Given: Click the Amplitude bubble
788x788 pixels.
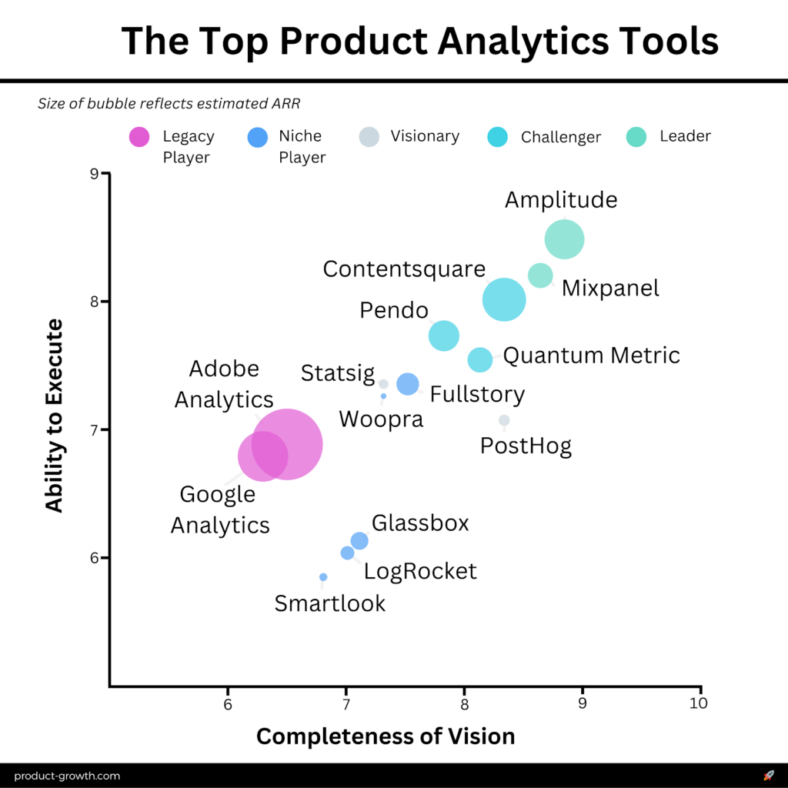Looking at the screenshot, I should click(x=565, y=239).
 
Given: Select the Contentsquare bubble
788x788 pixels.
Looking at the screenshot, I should click(x=504, y=300).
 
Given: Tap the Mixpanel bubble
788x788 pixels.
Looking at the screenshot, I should click(x=540, y=275).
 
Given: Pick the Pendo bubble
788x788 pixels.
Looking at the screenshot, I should click(x=444, y=336).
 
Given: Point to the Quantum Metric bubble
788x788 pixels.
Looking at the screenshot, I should click(x=479, y=359).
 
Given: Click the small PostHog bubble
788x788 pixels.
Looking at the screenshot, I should click(x=504, y=420).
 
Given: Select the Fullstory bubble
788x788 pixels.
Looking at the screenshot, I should click(x=407, y=383).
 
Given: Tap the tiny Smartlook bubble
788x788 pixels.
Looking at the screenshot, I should click(x=323, y=576).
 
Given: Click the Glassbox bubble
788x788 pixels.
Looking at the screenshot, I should click(x=359, y=541).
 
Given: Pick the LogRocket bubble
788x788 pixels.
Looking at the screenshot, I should click(x=347, y=553).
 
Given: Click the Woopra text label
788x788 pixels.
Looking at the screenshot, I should click(x=381, y=419).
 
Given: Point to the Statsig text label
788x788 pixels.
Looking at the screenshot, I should click(x=337, y=374).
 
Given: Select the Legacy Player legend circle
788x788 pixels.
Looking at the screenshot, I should click(x=139, y=137).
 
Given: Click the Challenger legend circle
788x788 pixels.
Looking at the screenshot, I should click(x=498, y=137).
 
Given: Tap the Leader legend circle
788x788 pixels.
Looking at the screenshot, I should click(x=636, y=137).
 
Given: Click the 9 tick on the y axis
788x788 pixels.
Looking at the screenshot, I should click(x=95, y=173).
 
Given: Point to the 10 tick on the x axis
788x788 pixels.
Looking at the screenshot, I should click(x=700, y=703).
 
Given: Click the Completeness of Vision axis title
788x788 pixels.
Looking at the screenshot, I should click(x=386, y=736).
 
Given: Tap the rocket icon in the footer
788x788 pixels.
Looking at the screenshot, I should click(x=768, y=776).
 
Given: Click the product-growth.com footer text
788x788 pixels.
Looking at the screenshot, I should click(x=67, y=776).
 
